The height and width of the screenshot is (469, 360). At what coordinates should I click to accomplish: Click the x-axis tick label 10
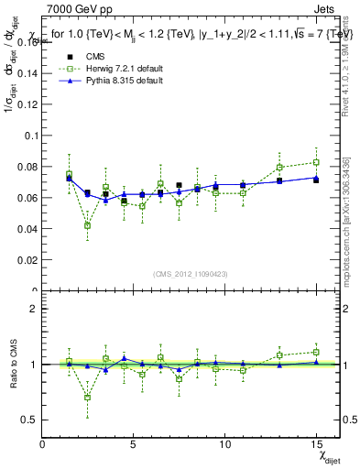click(224, 444)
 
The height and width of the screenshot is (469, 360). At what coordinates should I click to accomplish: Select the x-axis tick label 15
click(316, 444)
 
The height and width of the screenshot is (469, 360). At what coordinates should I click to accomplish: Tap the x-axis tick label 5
click(134, 444)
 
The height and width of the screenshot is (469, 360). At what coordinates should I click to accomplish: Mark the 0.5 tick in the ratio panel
click(29, 420)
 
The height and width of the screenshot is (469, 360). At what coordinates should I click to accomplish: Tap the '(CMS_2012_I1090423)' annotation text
click(190, 274)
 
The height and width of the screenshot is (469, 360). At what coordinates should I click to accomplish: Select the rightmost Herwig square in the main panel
click(316, 162)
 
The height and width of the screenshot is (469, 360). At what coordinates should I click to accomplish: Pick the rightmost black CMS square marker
click(316, 180)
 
